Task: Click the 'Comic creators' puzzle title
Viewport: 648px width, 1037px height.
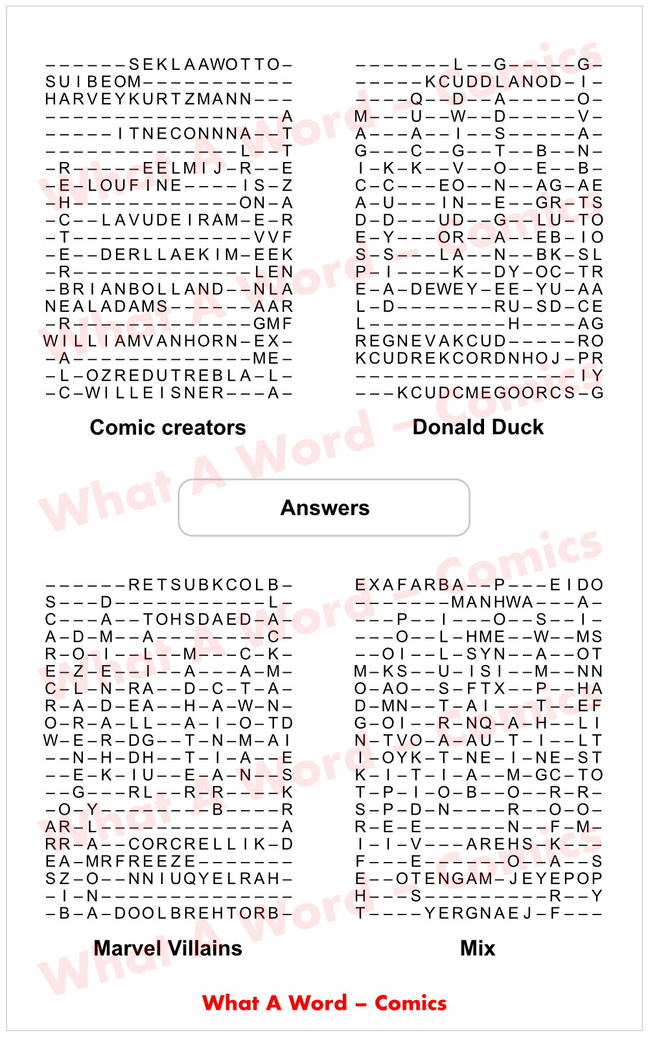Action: click(168, 428)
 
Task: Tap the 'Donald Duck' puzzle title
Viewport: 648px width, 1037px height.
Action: click(478, 427)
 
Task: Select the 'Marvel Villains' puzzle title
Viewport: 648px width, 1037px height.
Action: click(168, 948)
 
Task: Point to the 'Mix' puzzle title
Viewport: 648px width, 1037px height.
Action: click(478, 948)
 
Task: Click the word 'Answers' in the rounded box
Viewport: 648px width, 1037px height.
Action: click(325, 508)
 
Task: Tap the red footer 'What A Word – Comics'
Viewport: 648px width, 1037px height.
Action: click(324, 1003)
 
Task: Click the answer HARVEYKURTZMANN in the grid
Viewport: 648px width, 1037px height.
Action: click(148, 99)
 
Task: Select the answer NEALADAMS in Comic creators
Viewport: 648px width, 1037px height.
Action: click(106, 307)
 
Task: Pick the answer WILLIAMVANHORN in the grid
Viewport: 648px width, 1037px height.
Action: click(141, 341)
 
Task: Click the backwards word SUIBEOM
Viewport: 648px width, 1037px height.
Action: click(93, 82)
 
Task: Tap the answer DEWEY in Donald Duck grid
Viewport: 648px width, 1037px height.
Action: click(444, 289)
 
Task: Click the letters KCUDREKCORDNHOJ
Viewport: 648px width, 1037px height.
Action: click(457, 358)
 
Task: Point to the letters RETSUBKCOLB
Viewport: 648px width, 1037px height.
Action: click(203, 585)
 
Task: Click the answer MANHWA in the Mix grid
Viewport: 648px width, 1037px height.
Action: click(492, 603)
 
